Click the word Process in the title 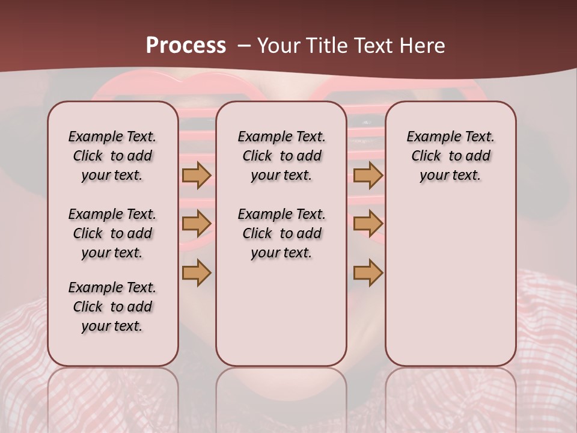(186, 45)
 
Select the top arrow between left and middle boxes (197, 175)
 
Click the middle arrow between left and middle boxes (197, 224)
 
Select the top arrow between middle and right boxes (368, 175)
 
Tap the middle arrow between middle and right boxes (368, 224)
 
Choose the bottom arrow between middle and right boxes (368, 272)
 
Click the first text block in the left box (112, 156)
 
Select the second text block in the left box (112, 233)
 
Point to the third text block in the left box (112, 307)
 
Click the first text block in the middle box (281, 156)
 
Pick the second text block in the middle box (281, 233)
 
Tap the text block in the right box (450, 156)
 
